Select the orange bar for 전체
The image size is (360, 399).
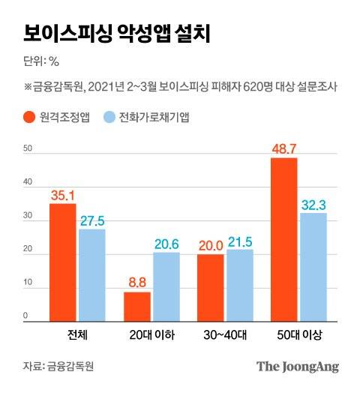[63, 262]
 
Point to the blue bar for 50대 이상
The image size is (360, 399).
[313, 267]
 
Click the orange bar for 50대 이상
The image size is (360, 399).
[285, 239]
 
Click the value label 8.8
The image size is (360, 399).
[137, 284]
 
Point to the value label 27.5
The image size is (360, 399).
[91, 221]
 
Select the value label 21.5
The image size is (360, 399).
[241, 241]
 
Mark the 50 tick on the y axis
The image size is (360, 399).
[27, 148]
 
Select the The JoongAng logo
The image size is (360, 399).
[298, 367]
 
